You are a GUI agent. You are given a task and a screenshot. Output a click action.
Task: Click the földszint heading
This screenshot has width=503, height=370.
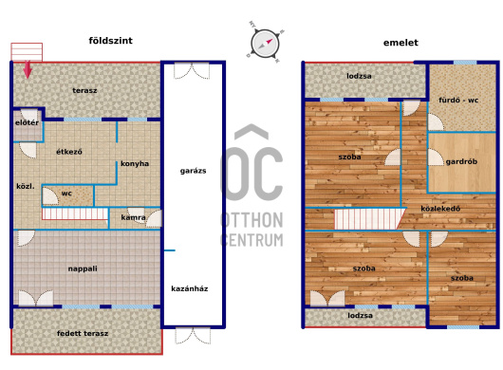click(110, 41)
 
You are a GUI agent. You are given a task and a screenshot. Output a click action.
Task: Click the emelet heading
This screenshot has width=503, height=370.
click(401, 43)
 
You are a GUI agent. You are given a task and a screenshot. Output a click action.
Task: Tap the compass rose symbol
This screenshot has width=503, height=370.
click(265, 44)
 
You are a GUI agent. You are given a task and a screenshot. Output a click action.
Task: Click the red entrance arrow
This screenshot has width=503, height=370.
click(28, 69)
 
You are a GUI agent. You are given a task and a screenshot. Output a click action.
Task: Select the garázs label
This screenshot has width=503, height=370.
click(193, 171)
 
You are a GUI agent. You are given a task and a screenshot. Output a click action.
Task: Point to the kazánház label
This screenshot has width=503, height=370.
click(190, 288)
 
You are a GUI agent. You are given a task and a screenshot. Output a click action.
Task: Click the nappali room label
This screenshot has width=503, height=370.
click(83, 268)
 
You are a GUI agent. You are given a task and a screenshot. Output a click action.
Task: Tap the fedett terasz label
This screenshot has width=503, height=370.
click(83, 333)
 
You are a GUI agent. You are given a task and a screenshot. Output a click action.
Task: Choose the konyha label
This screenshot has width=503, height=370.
click(135, 164)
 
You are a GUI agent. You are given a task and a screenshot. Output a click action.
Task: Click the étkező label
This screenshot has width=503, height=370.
click(69, 152)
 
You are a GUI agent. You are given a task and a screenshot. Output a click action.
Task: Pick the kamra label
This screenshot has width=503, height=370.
click(134, 217)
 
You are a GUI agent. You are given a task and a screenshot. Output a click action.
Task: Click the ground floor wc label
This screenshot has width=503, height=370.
click(66, 194)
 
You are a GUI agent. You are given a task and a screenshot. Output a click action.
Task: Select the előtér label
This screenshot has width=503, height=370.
click(27, 122)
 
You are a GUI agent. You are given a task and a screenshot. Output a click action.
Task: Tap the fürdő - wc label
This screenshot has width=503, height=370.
click(458, 100)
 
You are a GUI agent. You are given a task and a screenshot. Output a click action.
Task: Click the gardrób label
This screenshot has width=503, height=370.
click(461, 161)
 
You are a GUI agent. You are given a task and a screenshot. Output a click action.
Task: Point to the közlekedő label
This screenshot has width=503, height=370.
click(440, 209)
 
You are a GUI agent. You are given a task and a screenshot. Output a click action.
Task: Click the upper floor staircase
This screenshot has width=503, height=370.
click(370, 219)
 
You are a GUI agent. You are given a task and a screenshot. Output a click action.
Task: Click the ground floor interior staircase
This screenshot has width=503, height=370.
click(75, 213)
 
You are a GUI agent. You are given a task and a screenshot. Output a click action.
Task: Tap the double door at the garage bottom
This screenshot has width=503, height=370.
click(193, 336)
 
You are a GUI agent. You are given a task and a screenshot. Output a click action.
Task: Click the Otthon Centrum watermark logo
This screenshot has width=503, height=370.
click(252, 186)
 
